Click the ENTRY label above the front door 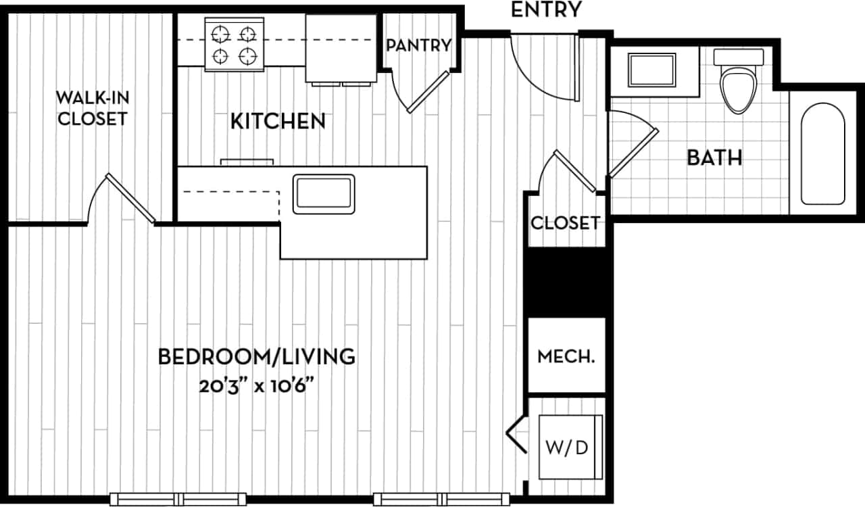pyautogui.click(x=546, y=10)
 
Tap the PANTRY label pyautogui.click(x=418, y=45)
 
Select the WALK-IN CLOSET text pyautogui.click(x=92, y=108)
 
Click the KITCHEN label pyautogui.click(x=278, y=122)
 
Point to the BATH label pyautogui.click(x=714, y=158)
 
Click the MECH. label pyautogui.click(x=566, y=356)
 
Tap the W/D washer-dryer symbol pyautogui.click(x=571, y=448)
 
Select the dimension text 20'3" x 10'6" pyautogui.click(x=256, y=387)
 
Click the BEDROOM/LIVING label pyautogui.click(x=256, y=356)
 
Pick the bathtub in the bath pyautogui.click(x=822, y=153)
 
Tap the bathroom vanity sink pyautogui.click(x=651, y=70)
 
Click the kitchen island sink pyautogui.click(x=323, y=194)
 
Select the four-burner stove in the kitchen pyautogui.click(x=234, y=44)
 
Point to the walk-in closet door pyautogui.click(x=130, y=197)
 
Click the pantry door pyautogui.click(x=427, y=91)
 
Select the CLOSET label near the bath pyautogui.click(x=564, y=223)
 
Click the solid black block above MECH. pyautogui.click(x=566, y=282)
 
